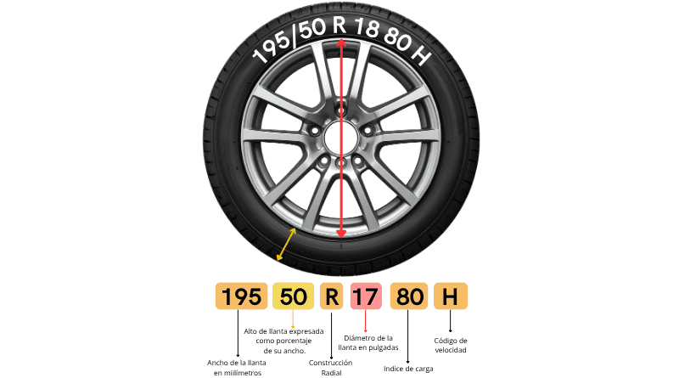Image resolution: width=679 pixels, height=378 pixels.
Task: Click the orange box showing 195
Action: pyautogui.click(x=241, y=296)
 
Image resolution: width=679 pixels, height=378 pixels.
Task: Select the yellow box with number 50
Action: pyautogui.click(x=293, y=296)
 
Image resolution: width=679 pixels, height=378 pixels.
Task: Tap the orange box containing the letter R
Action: pyautogui.click(x=331, y=296)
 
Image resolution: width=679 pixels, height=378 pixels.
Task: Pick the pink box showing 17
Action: pyautogui.click(x=366, y=296)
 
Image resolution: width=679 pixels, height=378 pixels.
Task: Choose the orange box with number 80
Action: pyautogui.click(x=409, y=296)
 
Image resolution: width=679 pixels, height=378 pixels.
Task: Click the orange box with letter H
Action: pyautogui.click(x=451, y=296)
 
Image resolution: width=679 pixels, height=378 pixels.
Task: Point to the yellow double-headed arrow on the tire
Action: pyautogui.click(x=286, y=245)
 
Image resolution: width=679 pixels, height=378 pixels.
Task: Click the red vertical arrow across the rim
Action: pyautogui.click(x=341, y=138)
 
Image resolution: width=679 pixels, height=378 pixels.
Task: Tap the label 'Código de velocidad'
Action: pyautogui.click(x=451, y=345)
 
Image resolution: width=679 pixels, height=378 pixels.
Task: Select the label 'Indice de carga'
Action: pyautogui.click(x=408, y=369)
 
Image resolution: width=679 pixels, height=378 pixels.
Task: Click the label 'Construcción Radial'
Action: pyautogui.click(x=331, y=368)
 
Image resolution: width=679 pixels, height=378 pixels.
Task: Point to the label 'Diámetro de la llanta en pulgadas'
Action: pyautogui.click(x=368, y=342)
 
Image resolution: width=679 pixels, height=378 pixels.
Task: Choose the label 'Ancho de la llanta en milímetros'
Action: pyautogui.click(x=237, y=368)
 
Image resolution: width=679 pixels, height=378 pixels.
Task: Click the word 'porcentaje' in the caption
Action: pyautogui.click(x=283, y=341)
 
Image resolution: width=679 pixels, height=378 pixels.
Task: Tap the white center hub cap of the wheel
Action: pyautogui.click(x=341, y=138)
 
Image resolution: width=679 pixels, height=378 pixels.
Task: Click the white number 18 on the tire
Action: pyautogui.click(x=367, y=29)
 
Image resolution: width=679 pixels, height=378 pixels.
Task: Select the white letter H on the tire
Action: pyautogui.click(x=419, y=55)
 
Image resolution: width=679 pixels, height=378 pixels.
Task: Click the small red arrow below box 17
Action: pyautogui.click(x=366, y=321)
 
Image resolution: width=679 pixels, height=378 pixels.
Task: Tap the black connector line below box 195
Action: pyautogui.click(x=238, y=333)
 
